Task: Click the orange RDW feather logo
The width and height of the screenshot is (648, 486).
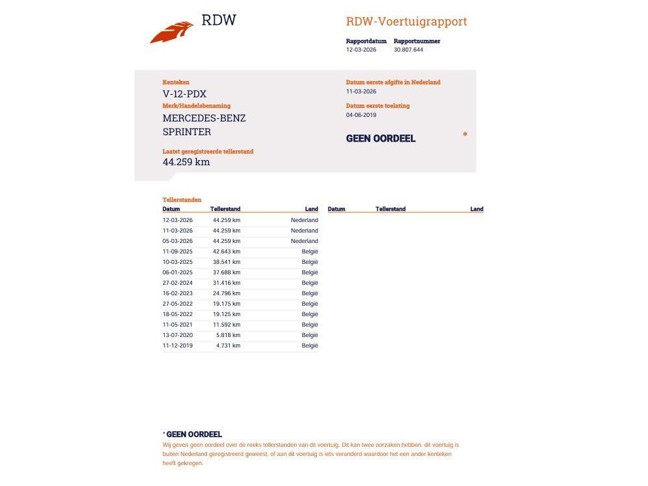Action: (x=171, y=32)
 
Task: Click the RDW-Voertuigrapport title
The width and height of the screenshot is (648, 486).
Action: (x=406, y=22)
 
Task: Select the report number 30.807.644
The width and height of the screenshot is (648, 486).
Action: (x=408, y=50)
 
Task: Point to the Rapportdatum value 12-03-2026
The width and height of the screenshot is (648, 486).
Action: (x=361, y=50)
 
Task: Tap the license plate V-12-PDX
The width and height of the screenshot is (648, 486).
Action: (x=184, y=94)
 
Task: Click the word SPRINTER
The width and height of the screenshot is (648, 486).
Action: (x=187, y=132)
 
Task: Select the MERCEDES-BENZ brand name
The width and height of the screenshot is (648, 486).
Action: (x=204, y=118)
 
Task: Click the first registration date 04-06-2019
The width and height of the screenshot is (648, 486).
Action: (x=361, y=115)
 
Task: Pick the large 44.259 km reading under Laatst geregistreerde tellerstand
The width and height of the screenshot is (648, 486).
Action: (x=186, y=162)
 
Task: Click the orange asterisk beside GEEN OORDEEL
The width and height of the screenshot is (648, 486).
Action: (x=465, y=135)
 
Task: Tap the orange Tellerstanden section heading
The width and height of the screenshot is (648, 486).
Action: (x=182, y=200)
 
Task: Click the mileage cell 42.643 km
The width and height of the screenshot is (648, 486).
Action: (x=227, y=251)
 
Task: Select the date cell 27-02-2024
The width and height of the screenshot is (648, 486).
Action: (x=178, y=283)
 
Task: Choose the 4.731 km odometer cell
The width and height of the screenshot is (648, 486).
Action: (x=228, y=346)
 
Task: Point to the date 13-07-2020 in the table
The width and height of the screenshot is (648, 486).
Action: (x=178, y=335)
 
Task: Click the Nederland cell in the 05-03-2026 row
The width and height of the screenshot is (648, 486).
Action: (x=304, y=241)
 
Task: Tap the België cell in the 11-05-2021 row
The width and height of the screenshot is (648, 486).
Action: (x=310, y=325)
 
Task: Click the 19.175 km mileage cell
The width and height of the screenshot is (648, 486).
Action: (x=227, y=304)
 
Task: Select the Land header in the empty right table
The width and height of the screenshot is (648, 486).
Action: (x=477, y=209)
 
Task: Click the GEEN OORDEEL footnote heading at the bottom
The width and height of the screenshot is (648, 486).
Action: (x=194, y=434)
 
